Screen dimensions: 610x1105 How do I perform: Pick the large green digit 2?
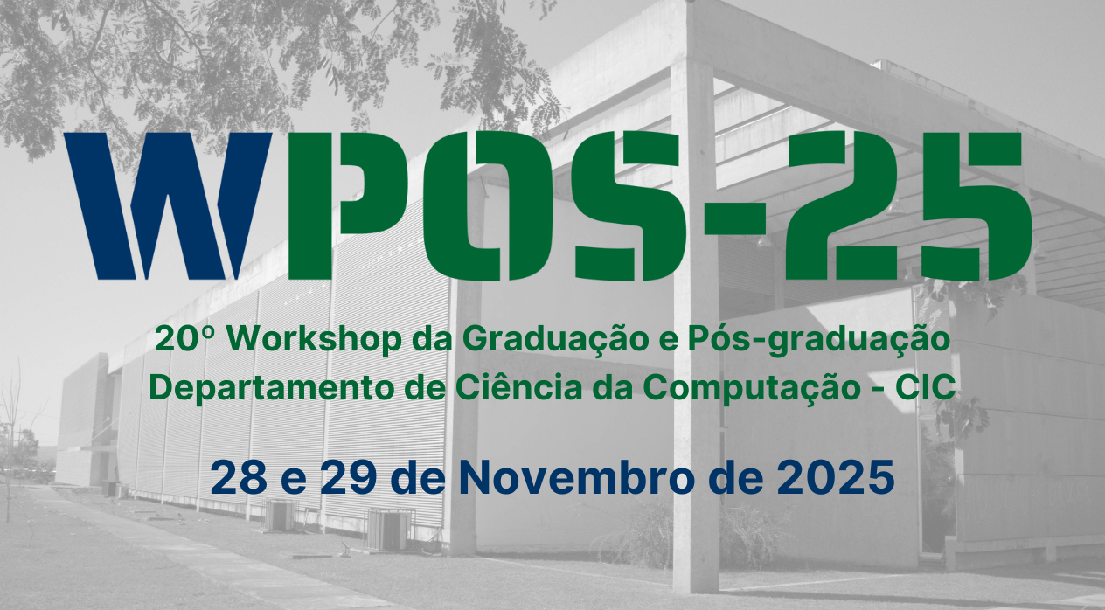[835, 205]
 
